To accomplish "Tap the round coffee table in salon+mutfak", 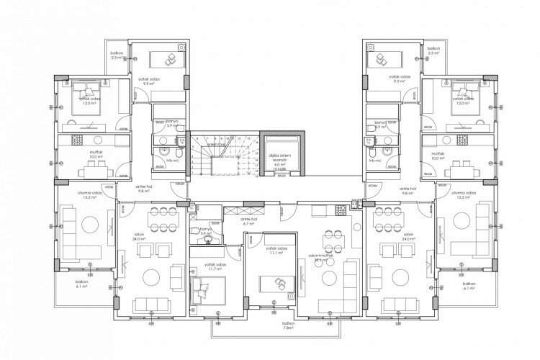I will [x=330, y=279].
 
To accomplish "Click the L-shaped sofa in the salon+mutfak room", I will [x=353, y=277].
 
